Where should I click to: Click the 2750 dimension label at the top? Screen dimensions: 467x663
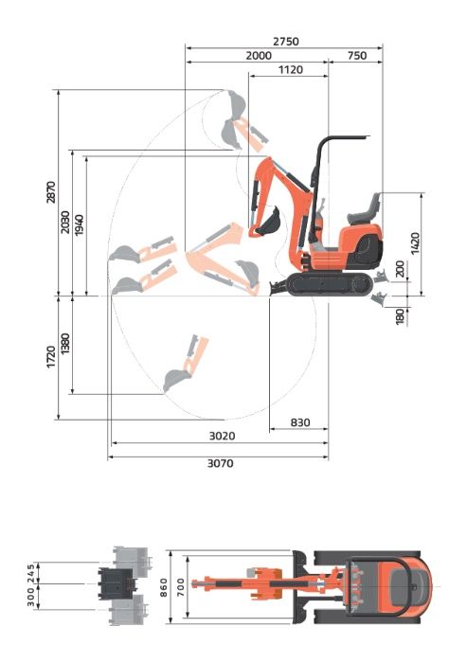[x=285, y=42]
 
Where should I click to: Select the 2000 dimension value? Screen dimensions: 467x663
[x=259, y=55]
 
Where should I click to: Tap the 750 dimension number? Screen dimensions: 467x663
[x=356, y=55]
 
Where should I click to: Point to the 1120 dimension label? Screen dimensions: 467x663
[x=291, y=69]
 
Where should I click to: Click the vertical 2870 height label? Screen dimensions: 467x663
[x=51, y=192]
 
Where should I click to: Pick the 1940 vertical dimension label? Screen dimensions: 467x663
[x=79, y=225]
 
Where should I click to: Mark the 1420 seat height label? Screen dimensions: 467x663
[x=416, y=243]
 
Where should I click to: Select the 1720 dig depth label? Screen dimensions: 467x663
[x=51, y=357]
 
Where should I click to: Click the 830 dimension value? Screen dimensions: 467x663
[x=300, y=422]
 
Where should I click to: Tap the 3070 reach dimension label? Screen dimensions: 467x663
[x=220, y=463]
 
